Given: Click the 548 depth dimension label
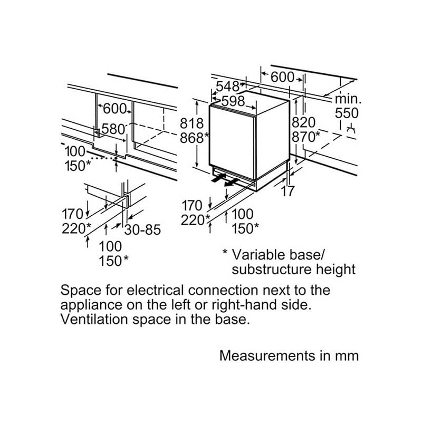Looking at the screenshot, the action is tap(227, 87).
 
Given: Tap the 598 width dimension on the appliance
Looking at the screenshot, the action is tap(233, 101).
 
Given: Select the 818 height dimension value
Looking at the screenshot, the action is tap(191, 123).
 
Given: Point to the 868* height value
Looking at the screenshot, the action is tap(194, 138).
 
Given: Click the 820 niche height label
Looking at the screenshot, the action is tap(304, 122).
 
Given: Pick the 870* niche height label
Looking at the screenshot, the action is tap(306, 137).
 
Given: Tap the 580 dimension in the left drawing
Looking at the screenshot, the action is tap(113, 129).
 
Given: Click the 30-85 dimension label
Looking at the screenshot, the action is tap(142, 229).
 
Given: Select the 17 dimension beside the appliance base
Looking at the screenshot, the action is tap(287, 191).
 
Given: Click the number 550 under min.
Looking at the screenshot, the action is tap(347, 113).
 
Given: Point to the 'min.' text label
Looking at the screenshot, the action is tap(348, 99).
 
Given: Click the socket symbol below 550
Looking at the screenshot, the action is tap(351, 129).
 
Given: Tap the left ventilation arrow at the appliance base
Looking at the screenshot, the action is tap(218, 178).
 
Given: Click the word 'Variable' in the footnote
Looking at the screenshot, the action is tap(258, 255).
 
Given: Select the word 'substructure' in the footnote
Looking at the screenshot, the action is tap(272, 270).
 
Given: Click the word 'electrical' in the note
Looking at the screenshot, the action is tap(155, 290).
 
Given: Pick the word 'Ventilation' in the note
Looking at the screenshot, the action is tap(94, 320).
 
